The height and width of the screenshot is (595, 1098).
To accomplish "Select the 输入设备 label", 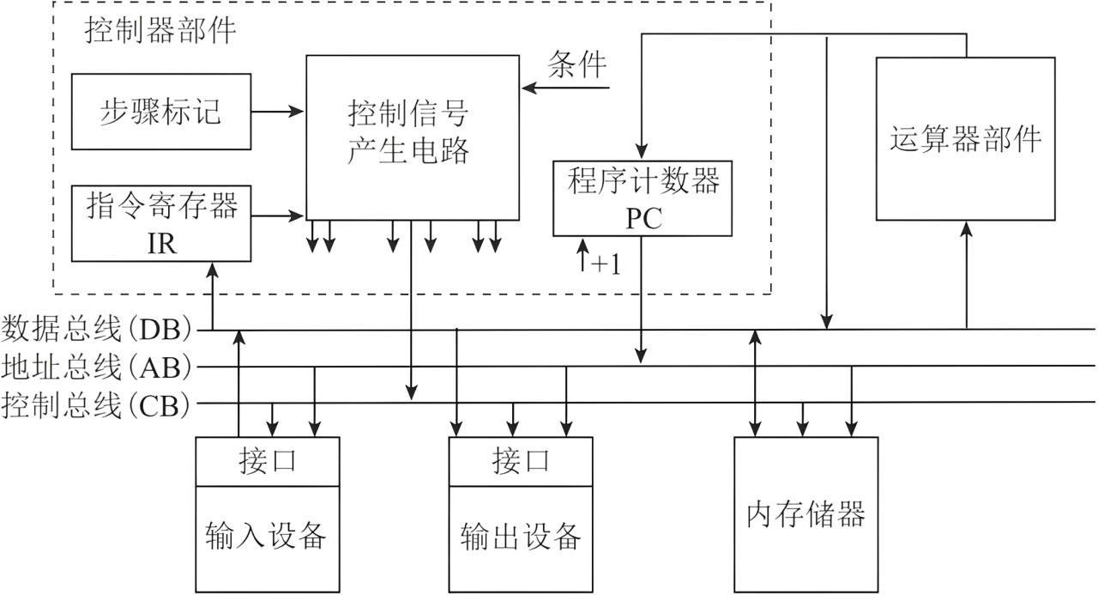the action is [x=266, y=535].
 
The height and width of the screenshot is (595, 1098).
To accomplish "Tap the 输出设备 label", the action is [x=521, y=536].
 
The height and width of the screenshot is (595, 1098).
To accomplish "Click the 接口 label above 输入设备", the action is [x=268, y=461].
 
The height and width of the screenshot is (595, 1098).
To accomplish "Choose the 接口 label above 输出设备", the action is [x=521, y=461].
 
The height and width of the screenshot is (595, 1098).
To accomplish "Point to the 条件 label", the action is [x=577, y=64].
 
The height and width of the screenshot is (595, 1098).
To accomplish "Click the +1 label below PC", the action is [x=606, y=264].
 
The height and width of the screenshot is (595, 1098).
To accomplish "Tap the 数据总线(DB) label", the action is [x=96, y=329].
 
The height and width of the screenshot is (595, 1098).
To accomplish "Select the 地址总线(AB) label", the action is [x=96, y=367].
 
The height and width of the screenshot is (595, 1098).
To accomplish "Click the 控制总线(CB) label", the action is [x=95, y=405].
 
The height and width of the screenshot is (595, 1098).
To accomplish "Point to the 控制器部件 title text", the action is [x=160, y=30].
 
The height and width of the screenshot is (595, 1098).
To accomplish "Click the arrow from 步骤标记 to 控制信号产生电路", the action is [x=278, y=112].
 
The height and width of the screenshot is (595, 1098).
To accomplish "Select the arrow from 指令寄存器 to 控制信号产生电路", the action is [x=278, y=216].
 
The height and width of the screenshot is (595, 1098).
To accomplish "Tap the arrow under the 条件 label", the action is [x=565, y=88].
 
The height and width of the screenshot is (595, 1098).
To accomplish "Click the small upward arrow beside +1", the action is [x=582, y=255].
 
